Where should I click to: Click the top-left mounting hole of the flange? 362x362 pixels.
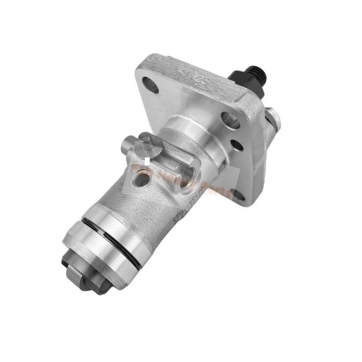150,85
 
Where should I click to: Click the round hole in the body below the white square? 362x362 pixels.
142,180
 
